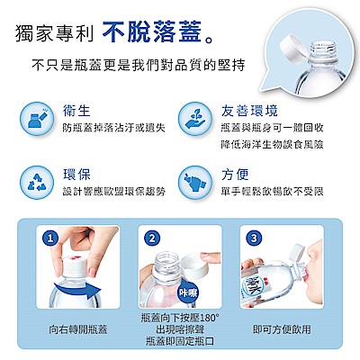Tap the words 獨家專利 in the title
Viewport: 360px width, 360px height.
tap(54, 32)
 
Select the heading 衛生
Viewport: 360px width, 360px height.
tap(76, 110)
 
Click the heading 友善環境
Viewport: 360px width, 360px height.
tap(249, 111)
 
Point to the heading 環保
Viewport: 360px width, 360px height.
tap(76, 175)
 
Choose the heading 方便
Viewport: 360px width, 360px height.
tap(235, 175)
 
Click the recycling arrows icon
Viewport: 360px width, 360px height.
tap(37, 182)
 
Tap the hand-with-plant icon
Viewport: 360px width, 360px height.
tap(195, 119)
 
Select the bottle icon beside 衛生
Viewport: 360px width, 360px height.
tap(37, 119)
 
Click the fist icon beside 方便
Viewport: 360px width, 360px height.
tap(195, 182)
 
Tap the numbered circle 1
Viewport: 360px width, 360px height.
tap(50, 238)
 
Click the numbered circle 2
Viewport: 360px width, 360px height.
tap(152, 238)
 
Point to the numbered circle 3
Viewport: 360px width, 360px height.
tap(254, 238)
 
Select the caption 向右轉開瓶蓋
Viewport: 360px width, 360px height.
tap(78, 329)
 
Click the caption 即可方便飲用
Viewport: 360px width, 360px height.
tap(282, 329)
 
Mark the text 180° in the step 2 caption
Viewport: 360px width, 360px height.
tap(209, 318)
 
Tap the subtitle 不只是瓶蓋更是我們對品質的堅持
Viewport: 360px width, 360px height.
tap(139, 65)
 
